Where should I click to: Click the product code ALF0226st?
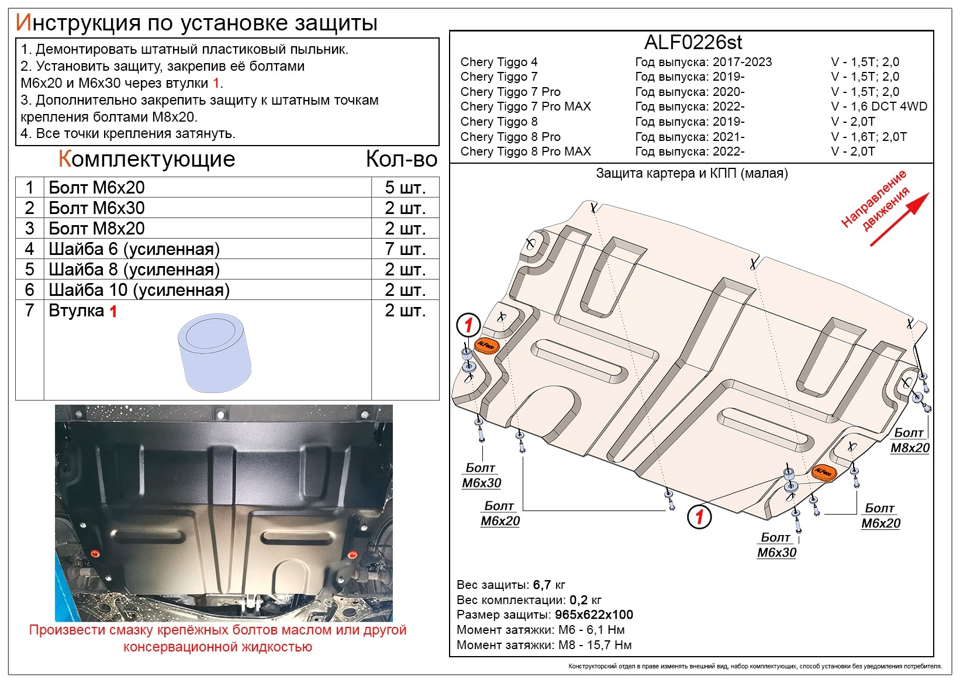[693, 43]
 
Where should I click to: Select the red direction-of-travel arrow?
[900, 219]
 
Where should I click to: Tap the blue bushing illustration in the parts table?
[215, 353]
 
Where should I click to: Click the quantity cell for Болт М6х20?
[405, 187]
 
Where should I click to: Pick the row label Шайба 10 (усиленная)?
[139, 290]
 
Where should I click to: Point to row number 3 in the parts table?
[29, 229]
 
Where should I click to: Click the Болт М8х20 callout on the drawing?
[910, 440]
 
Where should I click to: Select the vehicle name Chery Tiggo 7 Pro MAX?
[526, 106]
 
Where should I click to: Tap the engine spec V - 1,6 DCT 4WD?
[879, 106]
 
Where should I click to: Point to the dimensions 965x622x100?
[593, 615]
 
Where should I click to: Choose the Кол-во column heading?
[402, 159]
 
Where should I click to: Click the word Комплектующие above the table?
[147, 159]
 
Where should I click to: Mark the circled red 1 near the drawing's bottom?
[699, 517]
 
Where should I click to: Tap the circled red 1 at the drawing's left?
[468, 325]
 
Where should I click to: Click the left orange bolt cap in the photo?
[95, 554]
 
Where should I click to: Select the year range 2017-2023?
[742, 62]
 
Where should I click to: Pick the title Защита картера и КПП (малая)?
[692, 173]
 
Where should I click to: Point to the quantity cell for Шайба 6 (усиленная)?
[405, 249]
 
